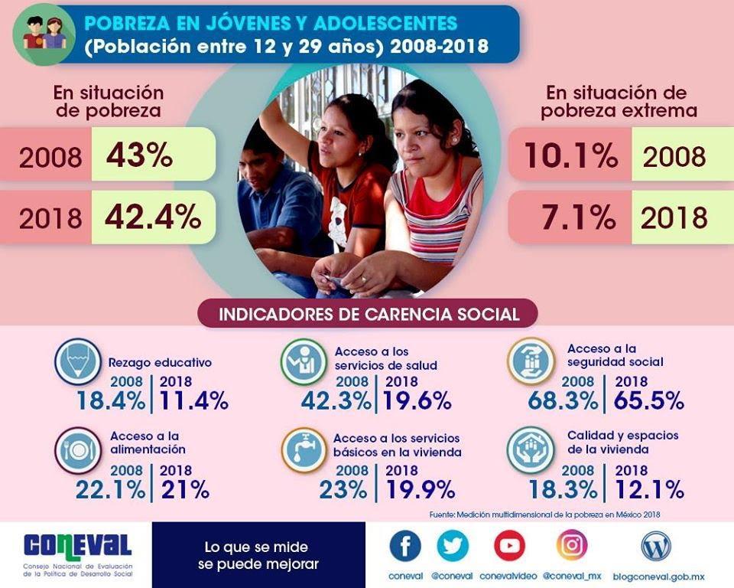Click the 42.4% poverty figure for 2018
tap(153, 217)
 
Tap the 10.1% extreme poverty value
tap(570, 155)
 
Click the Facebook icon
tap(405, 546)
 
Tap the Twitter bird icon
tap(453, 546)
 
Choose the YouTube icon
tap(509, 546)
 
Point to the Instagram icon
tap(572, 545)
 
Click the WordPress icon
tap(656, 546)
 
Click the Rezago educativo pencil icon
tap(77, 361)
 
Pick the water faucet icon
tap(304, 449)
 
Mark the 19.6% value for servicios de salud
tap(417, 400)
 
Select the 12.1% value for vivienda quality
tap(649, 489)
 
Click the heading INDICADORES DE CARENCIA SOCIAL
tap(369, 314)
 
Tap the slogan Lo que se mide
tap(256, 547)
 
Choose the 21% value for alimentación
tap(185, 489)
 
